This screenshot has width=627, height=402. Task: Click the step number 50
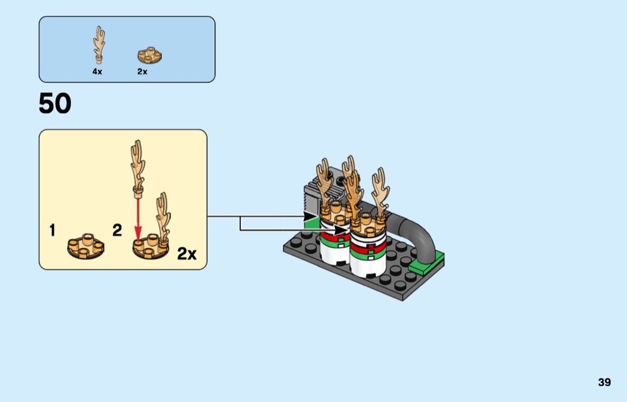click(55, 104)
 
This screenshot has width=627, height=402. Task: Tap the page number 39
click(604, 382)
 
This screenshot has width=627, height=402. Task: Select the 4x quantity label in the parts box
click(97, 72)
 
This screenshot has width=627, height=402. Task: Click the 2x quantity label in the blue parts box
click(142, 72)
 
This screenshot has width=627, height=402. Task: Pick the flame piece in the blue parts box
click(98, 44)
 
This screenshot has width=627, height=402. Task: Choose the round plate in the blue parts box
click(149, 56)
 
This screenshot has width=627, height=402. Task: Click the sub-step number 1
click(53, 230)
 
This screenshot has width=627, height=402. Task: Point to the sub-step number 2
click(117, 230)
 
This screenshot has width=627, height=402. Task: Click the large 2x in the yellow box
click(186, 254)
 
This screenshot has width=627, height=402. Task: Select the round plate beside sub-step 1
click(85, 245)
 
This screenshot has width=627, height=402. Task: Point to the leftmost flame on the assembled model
click(325, 182)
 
